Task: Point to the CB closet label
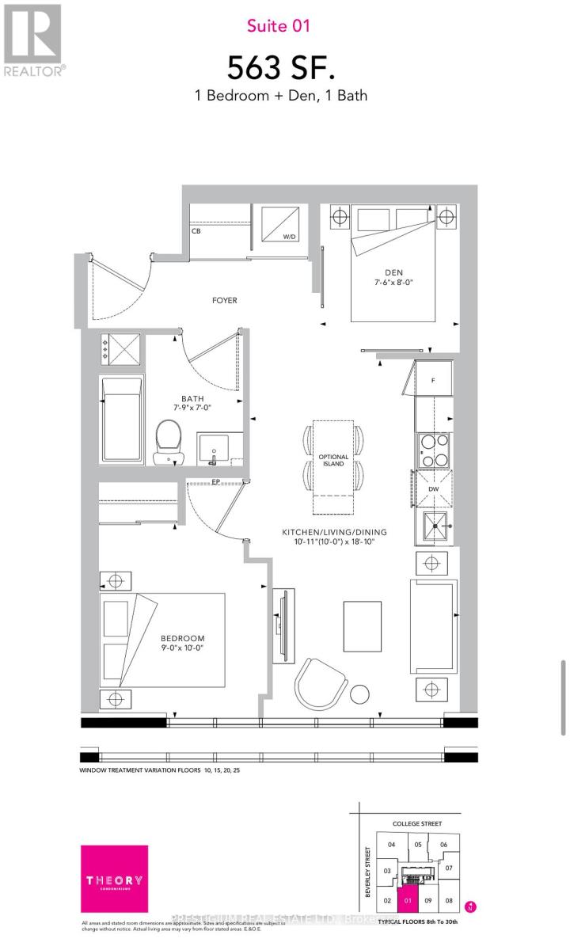point(196,232)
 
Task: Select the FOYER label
point(224,300)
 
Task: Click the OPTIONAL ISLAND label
point(332,461)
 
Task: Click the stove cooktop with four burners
point(433,450)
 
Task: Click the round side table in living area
point(360,693)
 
